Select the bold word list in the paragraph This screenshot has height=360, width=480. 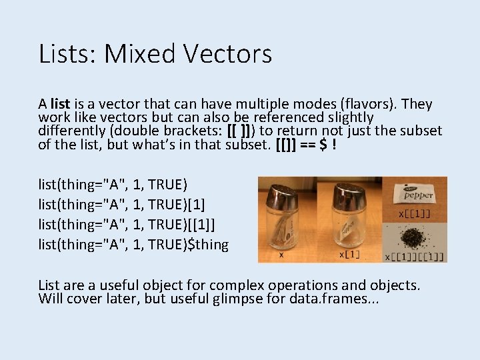point(59,104)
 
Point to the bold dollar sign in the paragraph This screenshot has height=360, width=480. point(323,145)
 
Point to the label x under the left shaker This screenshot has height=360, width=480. point(281,255)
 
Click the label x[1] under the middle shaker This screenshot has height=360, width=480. point(350,255)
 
